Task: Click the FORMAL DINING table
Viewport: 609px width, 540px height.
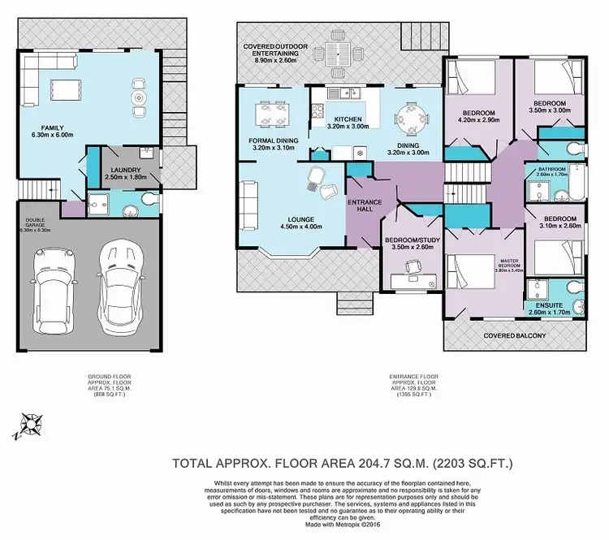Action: [266, 113]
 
